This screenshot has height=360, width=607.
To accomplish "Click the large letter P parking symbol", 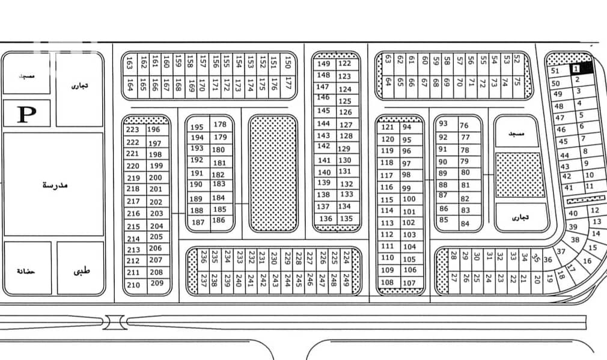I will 25,114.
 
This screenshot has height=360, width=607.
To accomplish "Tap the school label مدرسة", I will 55,185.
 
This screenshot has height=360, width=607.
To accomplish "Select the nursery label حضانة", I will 26,272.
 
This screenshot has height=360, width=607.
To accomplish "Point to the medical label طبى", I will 80,271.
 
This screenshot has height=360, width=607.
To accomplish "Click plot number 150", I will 288,62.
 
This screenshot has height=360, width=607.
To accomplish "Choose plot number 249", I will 346,279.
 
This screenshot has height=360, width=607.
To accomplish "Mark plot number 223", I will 133,130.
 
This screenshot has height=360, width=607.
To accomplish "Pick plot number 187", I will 197,222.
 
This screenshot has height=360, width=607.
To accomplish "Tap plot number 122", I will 344,64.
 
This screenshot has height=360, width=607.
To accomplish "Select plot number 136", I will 325,219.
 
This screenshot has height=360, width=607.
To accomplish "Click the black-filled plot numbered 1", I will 576,69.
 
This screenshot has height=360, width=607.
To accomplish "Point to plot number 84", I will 465,224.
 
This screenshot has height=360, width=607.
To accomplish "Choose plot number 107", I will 409,282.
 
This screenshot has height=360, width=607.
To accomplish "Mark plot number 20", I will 537,279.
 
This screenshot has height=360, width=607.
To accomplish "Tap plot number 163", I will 130,62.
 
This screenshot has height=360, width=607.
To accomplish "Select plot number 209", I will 157,283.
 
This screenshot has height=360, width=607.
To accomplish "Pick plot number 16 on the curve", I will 587,261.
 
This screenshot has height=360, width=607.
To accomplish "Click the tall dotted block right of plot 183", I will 273,174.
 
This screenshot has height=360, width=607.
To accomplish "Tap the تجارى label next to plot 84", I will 521,218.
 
